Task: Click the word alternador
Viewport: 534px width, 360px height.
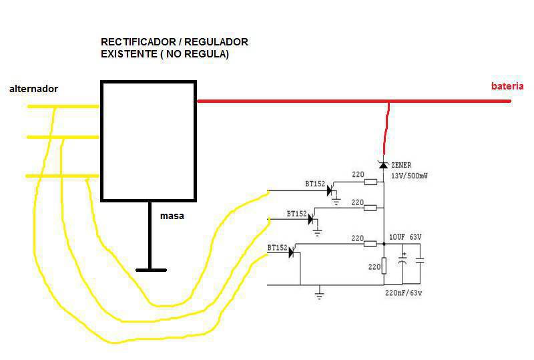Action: [34, 89]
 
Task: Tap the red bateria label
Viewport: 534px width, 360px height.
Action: [507, 86]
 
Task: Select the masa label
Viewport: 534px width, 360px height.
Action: [172, 216]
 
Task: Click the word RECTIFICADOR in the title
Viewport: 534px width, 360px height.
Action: [138, 42]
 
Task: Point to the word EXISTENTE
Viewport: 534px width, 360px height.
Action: [129, 54]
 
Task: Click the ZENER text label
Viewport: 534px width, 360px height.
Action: [401, 165]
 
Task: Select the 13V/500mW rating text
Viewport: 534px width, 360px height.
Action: [409, 176]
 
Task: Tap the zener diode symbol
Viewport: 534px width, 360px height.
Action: [384, 165]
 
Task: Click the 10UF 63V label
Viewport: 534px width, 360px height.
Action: [405, 237]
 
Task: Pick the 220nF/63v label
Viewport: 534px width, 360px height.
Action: [404, 293]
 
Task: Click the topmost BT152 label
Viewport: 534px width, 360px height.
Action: [315, 184]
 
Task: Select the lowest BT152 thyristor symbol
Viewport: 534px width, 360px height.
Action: [292, 252]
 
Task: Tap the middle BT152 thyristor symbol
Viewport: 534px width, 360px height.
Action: [311, 220]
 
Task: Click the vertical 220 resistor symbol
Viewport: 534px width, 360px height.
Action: [384, 266]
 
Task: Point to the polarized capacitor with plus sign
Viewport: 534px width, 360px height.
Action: [403, 260]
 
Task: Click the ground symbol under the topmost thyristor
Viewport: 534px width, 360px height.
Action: [336, 202]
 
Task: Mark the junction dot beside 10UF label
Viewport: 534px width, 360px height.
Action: [384, 244]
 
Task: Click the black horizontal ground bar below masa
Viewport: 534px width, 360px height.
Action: [152, 270]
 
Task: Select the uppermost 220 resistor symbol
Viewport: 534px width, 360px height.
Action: [370, 182]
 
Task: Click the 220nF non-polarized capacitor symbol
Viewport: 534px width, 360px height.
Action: [420, 260]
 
